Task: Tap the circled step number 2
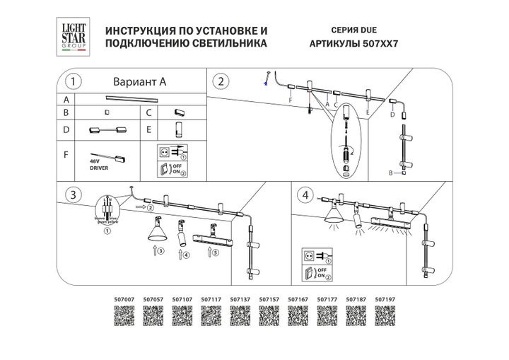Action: tap(221, 81)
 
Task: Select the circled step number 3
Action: tap(71, 193)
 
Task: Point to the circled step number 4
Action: tap(305, 194)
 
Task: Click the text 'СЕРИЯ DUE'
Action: tap(353, 31)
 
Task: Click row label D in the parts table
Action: tap(66, 130)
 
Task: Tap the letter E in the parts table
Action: tap(149, 130)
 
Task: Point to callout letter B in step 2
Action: tap(391, 173)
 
